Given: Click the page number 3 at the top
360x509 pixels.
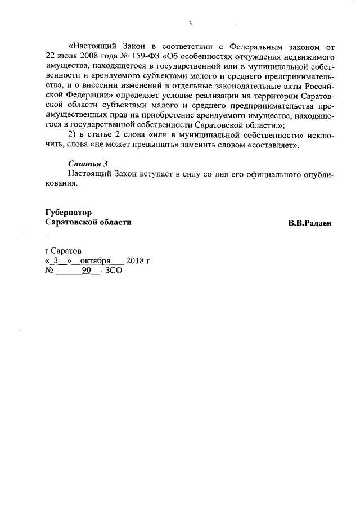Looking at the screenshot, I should pos(191,24).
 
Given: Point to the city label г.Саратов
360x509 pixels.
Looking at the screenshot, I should pos(63,250).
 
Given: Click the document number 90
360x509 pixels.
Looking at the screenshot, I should pos(86,271).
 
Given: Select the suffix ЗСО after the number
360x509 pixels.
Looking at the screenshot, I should pos(114,271).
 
